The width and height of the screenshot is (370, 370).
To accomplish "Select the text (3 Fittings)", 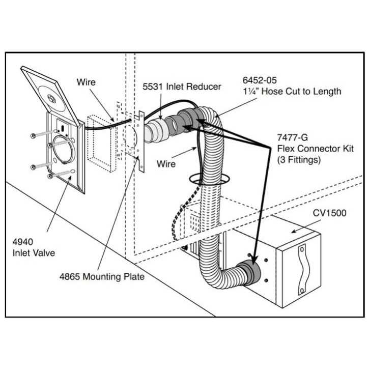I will point(298,159).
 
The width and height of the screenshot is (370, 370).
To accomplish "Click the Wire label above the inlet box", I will point(86,81).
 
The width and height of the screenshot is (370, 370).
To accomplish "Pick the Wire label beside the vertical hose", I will point(166,164).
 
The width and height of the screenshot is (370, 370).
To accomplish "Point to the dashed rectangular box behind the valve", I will point(100,138).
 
